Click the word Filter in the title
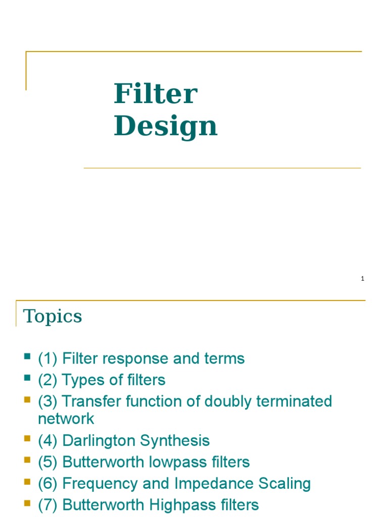[x=155, y=94]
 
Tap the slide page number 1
[x=363, y=279]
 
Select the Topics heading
[x=53, y=317]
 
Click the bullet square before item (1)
[x=27, y=358]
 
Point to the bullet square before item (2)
[x=27, y=379]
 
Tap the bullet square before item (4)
[x=27, y=440]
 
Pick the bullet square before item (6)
[x=27, y=483]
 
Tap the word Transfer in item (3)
[x=89, y=401]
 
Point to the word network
[x=66, y=418]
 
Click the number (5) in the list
[x=47, y=462]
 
